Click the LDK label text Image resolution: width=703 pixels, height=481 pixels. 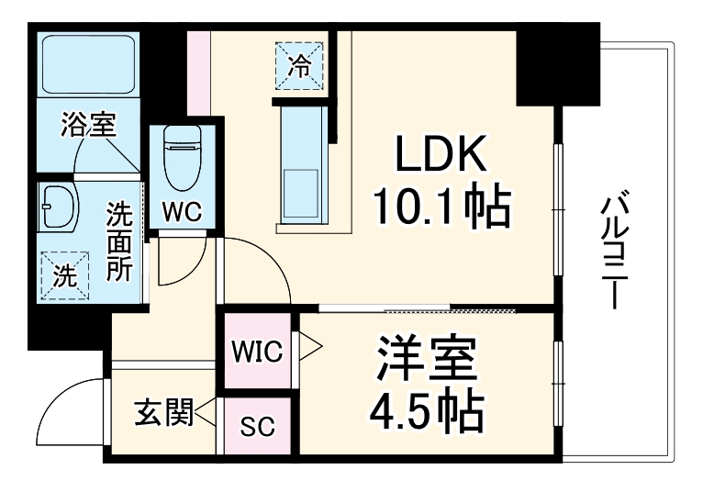(x=441, y=154)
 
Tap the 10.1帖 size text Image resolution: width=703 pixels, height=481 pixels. (x=441, y=207)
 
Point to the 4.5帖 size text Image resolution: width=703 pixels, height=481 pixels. (x=427, y=411)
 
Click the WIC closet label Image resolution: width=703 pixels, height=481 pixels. (x=257, y=351)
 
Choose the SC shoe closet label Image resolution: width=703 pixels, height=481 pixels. (x=257, y=426)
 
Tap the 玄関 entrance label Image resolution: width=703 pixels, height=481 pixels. (x=163, y=411)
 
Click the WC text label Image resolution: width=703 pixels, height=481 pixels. (x=182, y=211)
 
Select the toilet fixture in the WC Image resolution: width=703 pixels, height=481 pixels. (x=182, y=157)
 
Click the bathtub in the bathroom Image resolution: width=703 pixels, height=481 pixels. (x=89, y=64)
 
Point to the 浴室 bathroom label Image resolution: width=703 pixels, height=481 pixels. (x=89, y=124)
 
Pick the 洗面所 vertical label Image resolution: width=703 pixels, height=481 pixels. (x=119, y=241)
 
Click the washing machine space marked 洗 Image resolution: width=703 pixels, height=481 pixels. (x=65, y=275)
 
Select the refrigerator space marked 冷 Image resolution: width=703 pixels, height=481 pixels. (x=299, y=65)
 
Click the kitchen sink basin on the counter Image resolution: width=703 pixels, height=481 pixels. (x=301, y=195)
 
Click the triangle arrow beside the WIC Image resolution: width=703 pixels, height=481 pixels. (x=310, y=346)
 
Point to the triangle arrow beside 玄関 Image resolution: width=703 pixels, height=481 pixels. (x=206, y=412)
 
